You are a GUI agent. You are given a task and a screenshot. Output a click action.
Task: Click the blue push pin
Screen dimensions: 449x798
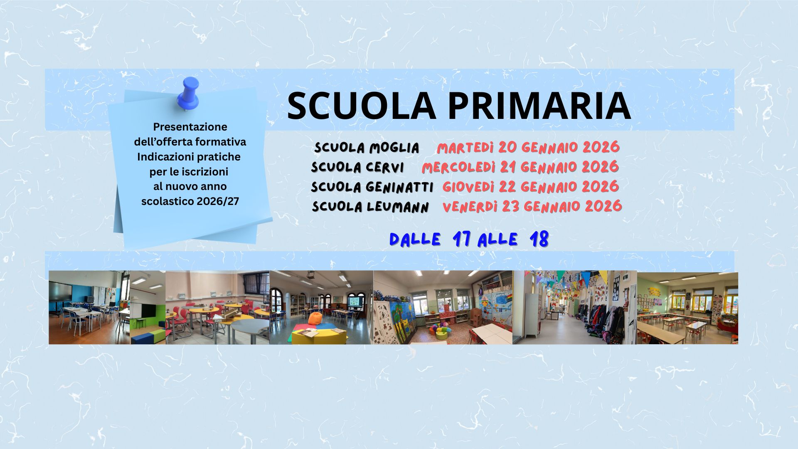coord(188,94)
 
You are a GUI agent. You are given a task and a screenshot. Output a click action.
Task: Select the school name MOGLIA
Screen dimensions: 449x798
coord(394,148)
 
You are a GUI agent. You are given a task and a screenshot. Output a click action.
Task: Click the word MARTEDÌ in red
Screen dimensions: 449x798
coord(465,148)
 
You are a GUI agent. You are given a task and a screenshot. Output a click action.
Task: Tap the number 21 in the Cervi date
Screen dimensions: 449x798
coord(508,167)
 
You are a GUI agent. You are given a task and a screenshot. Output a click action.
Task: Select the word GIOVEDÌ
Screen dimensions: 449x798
coord(468,187)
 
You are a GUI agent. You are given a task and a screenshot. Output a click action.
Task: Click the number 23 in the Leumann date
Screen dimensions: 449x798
coord(510,207)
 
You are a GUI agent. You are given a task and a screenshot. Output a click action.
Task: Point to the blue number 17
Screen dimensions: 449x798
coord(462,239)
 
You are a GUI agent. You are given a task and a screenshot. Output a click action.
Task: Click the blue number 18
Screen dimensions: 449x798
coord(539,239)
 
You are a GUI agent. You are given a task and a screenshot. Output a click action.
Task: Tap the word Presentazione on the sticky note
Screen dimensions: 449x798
coord(190,127)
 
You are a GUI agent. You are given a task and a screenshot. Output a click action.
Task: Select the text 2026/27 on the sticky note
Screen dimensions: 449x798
coord(218,201)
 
